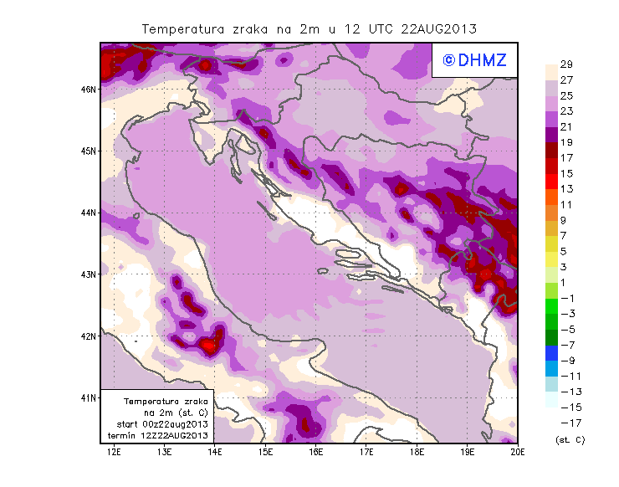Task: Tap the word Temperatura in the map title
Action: (x=182, y=28)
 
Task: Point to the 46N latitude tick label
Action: (x=89, y=89)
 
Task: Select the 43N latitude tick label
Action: (x=89, y=274)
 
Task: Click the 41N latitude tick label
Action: (x=89, y=397)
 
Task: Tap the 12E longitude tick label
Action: (x=115, y=453)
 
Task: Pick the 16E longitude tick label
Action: (x=316, y=453)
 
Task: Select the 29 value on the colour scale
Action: (x=565, y=64)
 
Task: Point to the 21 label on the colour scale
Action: (x=565, y=126)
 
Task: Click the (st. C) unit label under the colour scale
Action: (x=570, y=439)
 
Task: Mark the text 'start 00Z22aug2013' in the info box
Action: (x=163, y=424)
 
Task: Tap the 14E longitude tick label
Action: (x=215, y=453)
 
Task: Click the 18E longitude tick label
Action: (x=417, y=453)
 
